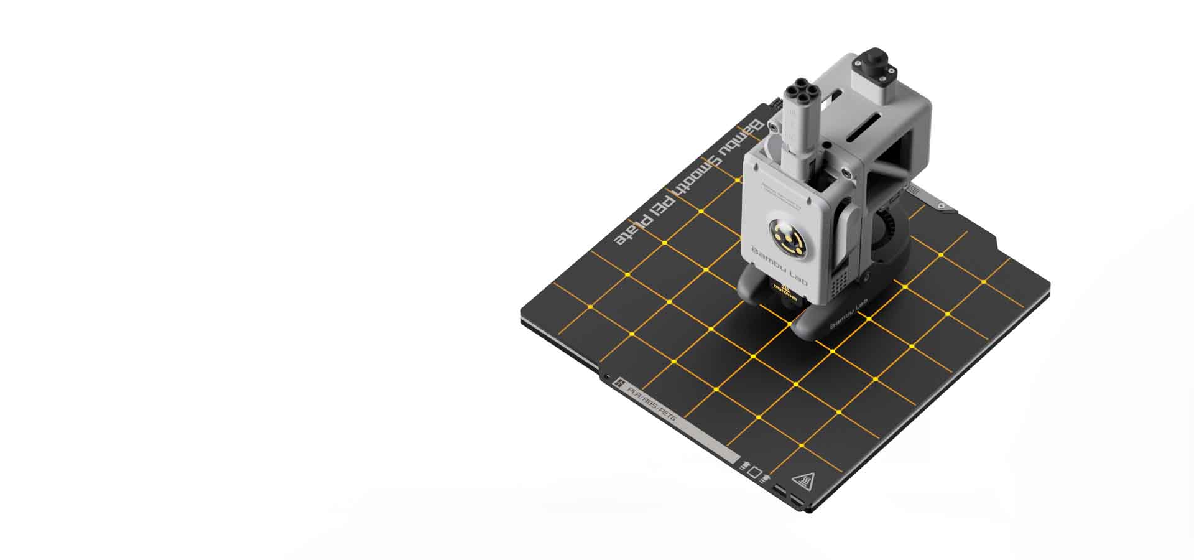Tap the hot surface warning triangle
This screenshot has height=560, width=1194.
[x=803, y=481]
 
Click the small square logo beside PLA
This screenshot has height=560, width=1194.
[x=619, y=383]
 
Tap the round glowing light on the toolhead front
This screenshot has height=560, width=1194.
[x=786, y=236]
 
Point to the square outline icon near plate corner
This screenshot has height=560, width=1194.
[x=754, y=472]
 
